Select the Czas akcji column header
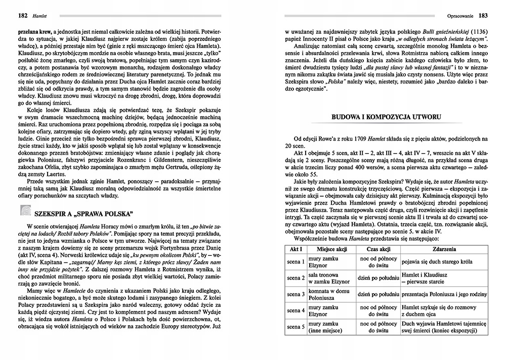(378, 249)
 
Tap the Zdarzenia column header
(444, 249)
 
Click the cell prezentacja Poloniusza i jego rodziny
(444, 294)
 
